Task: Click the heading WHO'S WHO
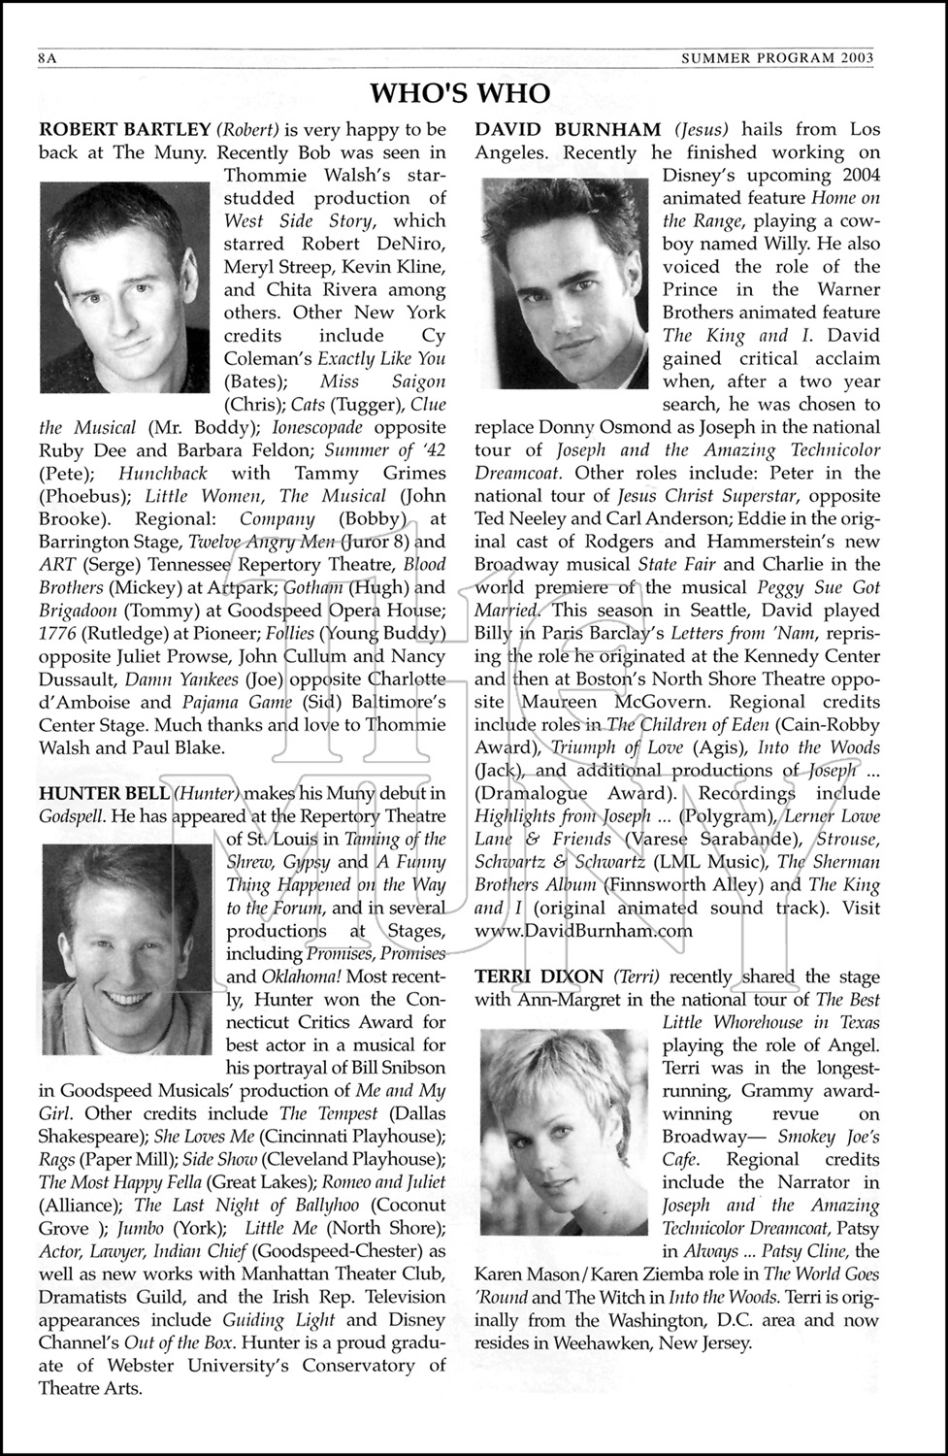[x=460, y=93]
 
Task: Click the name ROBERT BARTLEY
[x=124, y=129]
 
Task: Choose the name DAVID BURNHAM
[x=568, y=129]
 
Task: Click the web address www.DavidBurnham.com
[x=583, y=931]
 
